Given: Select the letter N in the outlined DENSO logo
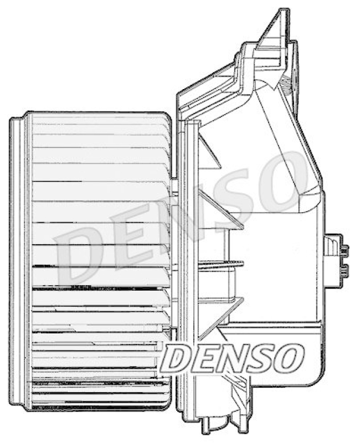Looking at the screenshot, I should [x=230, y=358].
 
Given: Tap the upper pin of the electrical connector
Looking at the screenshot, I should [x=344, y=251].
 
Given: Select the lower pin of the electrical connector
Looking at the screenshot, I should [x=344, y=271].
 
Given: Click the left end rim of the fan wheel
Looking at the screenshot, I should [x=17, y=260].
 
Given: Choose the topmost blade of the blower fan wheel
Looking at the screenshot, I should [x=100, y=118].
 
